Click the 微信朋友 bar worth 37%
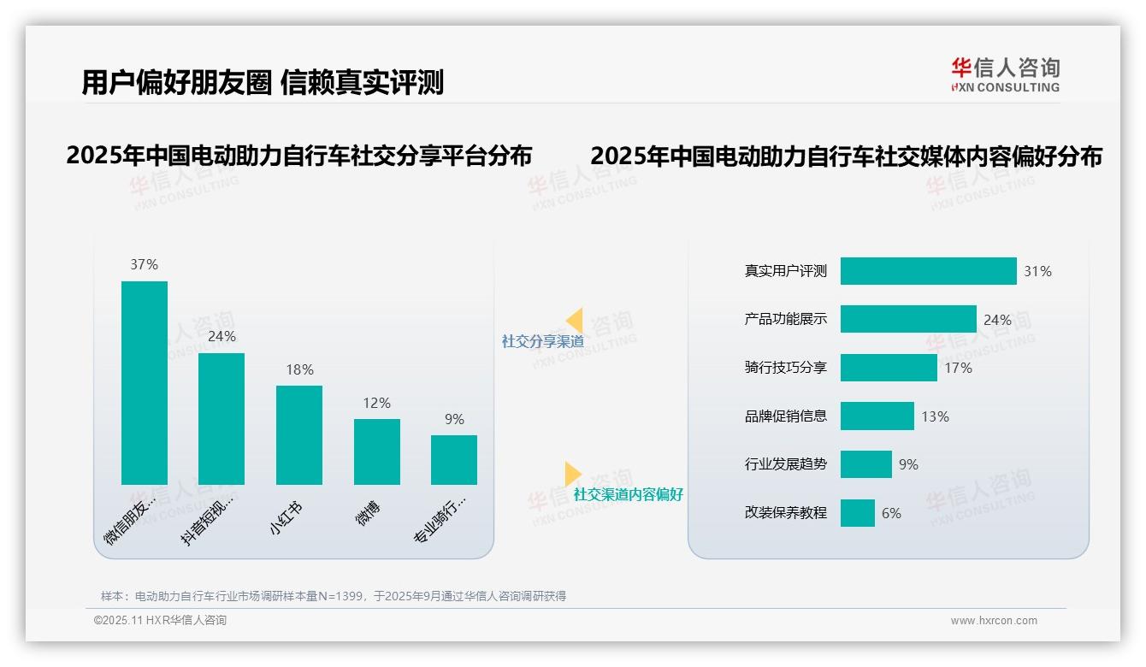(x=144, y=383)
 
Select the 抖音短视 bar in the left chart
(x=222, y=419)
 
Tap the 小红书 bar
(x=299, y=435)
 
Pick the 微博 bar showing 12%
(x=376, y=452)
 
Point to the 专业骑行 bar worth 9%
(x=454, y=460)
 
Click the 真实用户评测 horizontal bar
(x=928, y=271)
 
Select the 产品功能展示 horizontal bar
(x=908, y=319)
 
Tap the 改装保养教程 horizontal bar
(x=858, y=513)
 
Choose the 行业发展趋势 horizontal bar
(x=866, y=464)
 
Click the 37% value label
(x=144, y=265)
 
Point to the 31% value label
(x=1037, y=272)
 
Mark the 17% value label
(x=958, y=369)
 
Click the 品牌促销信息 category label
(x=786, y=416)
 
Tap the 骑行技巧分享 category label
(x=786, y=369)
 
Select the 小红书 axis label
(x=286, y=518)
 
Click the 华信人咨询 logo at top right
(x=1005, y=74)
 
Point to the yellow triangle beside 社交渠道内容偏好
(x=572, y=474)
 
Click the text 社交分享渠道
(x=542, y=341)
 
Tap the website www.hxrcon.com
(x=994, y=621)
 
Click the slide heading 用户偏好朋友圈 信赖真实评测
(x=263, y=83)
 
